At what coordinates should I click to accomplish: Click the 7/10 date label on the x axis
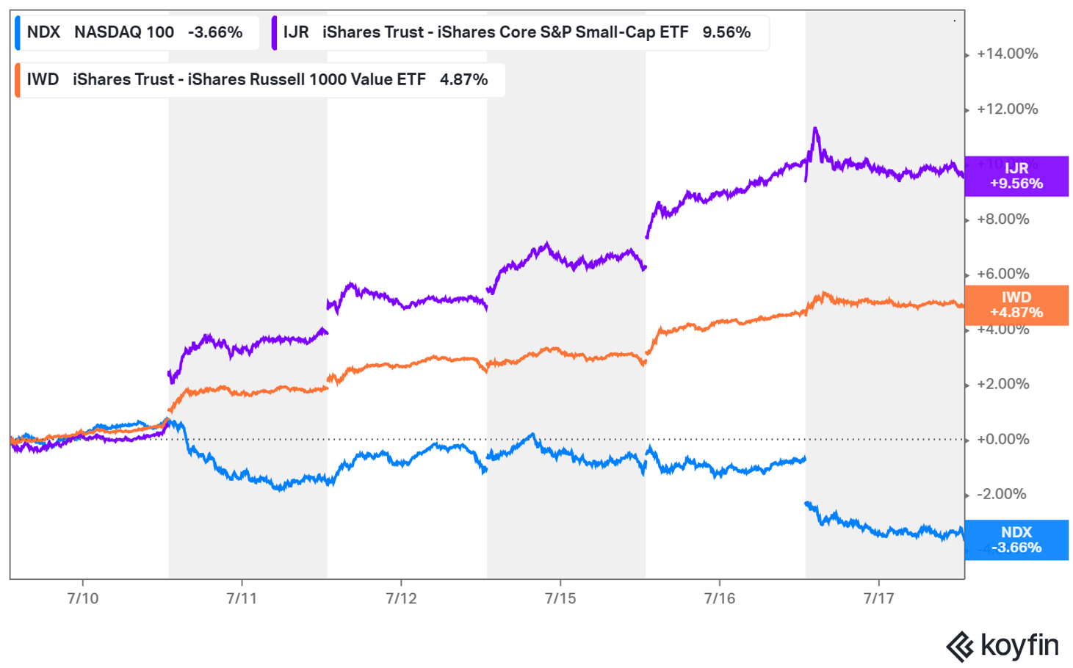(82, 598)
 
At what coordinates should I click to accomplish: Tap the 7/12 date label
(401, 598)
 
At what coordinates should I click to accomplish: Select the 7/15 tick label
(560, 598)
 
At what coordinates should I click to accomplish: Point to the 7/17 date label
(878, 598)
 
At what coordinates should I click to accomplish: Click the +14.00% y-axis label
(1007, 54)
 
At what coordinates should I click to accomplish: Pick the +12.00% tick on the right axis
(1007, 109)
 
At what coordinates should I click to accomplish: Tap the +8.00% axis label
(1002, 219)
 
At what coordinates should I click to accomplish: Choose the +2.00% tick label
(1002, 384)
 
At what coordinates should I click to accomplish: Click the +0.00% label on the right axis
(1002, 440)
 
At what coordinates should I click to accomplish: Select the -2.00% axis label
(1001, 494)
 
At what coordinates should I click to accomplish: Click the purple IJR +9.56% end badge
(1016, 176)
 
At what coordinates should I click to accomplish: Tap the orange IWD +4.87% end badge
(1016, 305)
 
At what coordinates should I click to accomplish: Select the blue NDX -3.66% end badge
(1016, 540)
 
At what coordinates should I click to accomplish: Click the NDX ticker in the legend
(43, 32)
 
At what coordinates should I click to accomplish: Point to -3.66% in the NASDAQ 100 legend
(215, 32)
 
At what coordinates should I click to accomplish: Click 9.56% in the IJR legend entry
(726, 32)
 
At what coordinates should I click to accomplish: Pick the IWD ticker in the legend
(43, 79)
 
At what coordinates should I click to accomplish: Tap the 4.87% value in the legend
(463, 79)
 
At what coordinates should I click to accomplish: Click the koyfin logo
(1002, 646)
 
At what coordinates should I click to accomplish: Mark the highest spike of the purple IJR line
(815, 129)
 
